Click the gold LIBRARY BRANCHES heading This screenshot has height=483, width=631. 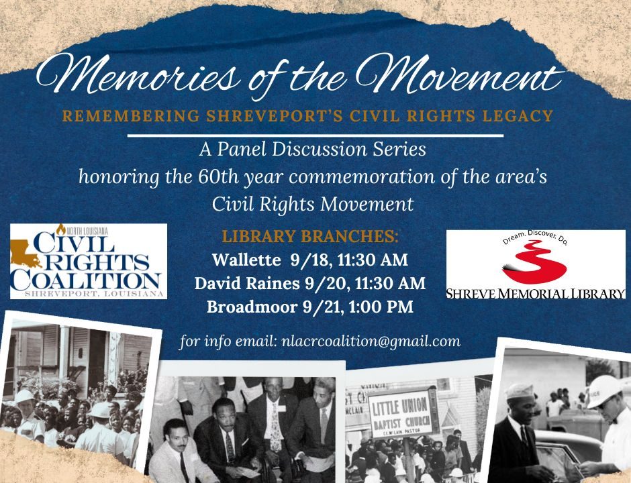(310, 236)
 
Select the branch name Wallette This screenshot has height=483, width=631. (246, 260)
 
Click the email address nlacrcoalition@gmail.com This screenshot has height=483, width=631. (371, 341)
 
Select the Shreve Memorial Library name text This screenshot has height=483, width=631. (536, 293)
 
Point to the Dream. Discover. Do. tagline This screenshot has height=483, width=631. (535, 237)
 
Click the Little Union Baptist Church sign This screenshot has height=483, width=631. (400, 414)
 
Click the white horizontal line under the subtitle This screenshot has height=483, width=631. (315, 136)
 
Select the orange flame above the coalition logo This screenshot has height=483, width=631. (61, 229)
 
